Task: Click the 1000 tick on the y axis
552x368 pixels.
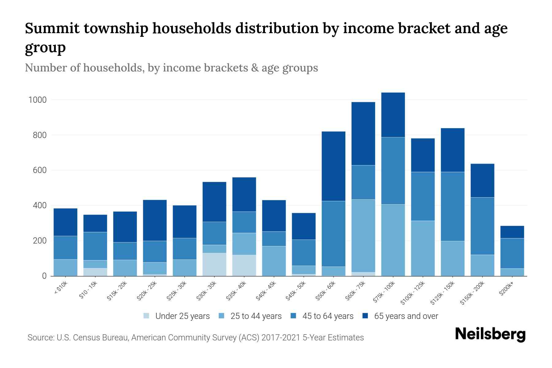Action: [37, 100]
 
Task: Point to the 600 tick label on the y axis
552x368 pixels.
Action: [40, 170]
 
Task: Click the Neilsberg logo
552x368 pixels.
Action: [490, 334]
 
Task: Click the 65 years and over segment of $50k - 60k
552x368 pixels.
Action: [333, 166]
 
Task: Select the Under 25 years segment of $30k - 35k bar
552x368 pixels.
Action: [214, 264]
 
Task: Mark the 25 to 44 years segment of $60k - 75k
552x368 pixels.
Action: [363, 236]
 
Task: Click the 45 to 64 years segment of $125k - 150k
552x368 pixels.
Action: [453, 206]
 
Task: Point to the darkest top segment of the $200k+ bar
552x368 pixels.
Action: [512, 232]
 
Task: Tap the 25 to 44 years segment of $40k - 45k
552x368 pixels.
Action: [274, 261]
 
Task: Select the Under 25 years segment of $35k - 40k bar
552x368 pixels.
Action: [244, 265]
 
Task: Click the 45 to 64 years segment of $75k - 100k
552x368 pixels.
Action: [393, 171]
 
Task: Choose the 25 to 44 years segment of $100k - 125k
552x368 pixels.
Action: [423, 248]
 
